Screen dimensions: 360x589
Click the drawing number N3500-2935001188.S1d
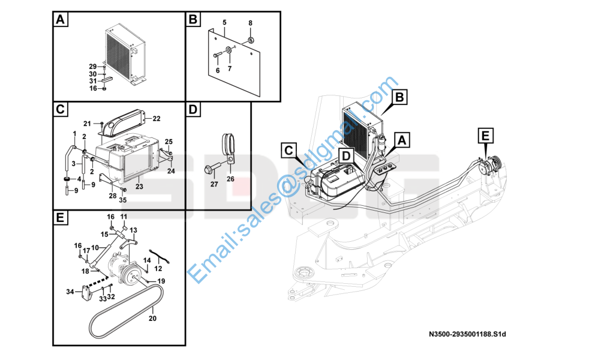472,334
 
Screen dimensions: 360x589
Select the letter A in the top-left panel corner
60,20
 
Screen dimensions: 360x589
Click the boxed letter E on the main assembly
485,136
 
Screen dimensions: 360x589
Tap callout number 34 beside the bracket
70,292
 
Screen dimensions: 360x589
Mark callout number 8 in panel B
251,23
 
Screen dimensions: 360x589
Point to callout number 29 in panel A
93,66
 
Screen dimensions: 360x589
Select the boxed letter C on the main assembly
289,150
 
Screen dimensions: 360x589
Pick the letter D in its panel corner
193,110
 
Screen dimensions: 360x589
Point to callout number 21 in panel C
87,124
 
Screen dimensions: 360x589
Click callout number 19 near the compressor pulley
161,281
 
